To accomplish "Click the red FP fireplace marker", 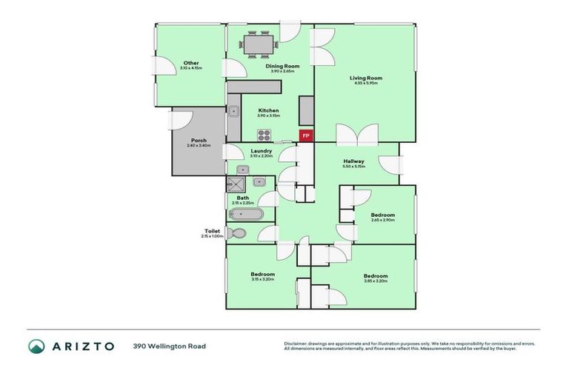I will [306, 135].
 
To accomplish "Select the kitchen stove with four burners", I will [264, 135].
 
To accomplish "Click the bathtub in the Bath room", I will [245, 215].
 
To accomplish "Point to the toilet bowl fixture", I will [237, 233].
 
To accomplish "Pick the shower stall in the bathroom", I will [239, 184].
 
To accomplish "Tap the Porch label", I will [199, 140].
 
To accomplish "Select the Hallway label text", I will [353, 161].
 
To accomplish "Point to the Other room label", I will [191, 63].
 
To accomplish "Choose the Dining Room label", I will [281, 66].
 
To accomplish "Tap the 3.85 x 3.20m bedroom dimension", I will [376, 281].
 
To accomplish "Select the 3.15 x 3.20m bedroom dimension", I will [262, 279].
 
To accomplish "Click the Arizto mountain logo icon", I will [36, 346].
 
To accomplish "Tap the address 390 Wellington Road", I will [170, 346].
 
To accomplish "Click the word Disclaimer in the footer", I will [296, 343].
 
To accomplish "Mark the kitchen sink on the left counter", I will [233, 112].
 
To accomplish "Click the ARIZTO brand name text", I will [82, 346].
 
